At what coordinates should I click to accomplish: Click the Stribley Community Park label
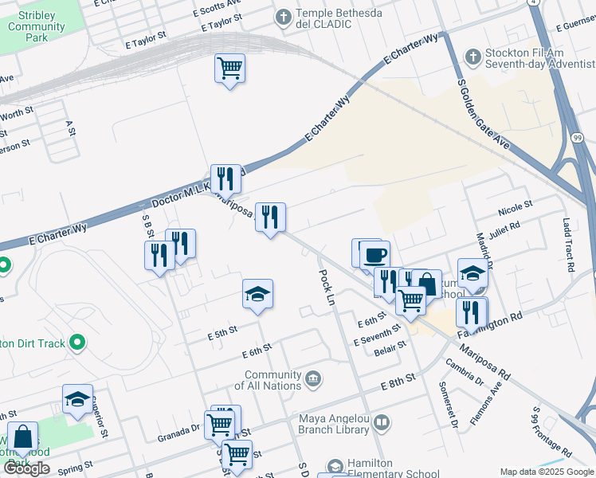(x=25, y=26)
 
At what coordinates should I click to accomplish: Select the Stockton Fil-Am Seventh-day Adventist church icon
(x=473, y=56)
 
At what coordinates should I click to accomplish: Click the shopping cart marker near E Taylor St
(x=229, y=68)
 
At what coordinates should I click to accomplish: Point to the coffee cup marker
(x=374, y=256)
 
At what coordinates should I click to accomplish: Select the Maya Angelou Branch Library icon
(x=382, y=422)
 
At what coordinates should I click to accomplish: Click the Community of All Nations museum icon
(x=313, y=377)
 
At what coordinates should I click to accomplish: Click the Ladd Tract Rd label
(x=568, y=245)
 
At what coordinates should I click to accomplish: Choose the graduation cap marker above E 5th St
(x=258, y=295)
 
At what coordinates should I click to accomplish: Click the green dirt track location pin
(x=76, y=343)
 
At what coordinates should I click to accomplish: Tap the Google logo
(x=26, y=468)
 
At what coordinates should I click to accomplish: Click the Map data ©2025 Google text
(x=544, y=472)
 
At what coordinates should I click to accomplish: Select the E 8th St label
(x=398, y=383)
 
